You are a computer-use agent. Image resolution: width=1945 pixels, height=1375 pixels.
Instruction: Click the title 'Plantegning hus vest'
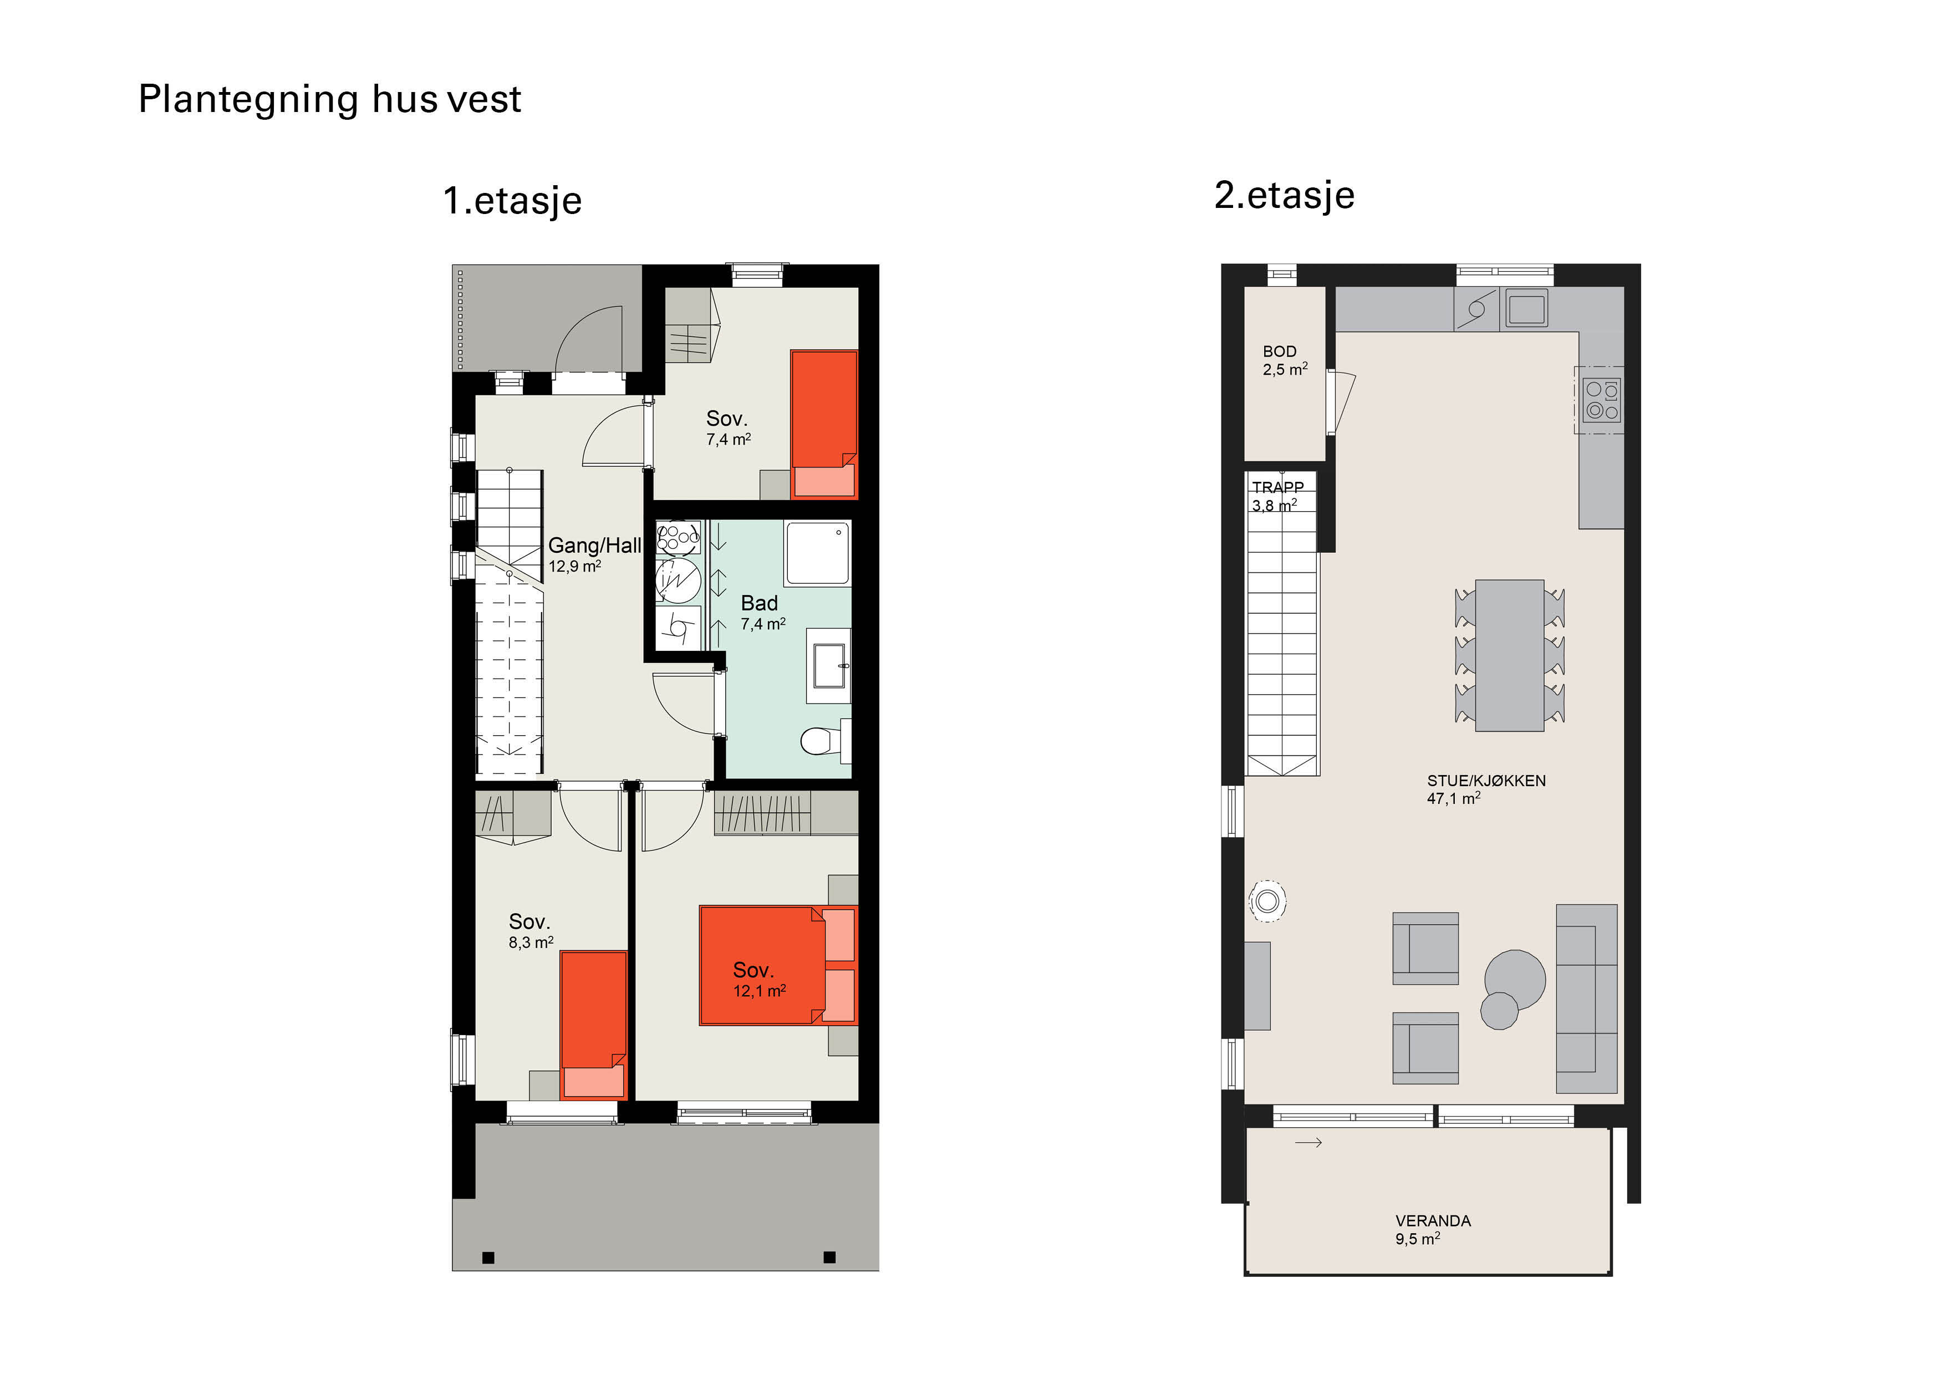click(329, 100)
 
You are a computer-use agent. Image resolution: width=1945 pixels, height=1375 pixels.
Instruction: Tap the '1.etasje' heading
click(512, 201)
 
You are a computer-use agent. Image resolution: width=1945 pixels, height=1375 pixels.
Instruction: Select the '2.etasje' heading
click(1284, 195)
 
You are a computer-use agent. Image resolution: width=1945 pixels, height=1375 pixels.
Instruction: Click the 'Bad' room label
click(759, 603)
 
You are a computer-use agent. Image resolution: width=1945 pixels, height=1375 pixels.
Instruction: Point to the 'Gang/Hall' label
click(595, 546)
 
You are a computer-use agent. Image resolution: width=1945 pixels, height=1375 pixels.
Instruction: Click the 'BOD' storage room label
click(1279, 351)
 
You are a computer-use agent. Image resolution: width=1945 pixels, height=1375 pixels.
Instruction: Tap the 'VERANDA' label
click(1433, 1221)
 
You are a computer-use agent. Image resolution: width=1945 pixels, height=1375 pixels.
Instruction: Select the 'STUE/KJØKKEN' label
click(1486, 780)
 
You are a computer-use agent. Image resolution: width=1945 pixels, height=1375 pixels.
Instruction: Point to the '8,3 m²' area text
click(531, 942)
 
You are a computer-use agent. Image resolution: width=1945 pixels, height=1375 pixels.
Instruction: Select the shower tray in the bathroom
click(817, 552)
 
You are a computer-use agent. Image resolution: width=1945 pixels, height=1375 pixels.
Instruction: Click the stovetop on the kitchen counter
click(1602, 400)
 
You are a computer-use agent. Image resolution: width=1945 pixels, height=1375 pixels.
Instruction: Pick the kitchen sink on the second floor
click(1524, 308)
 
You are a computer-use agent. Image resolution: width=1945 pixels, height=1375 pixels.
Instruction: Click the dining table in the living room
click(1510, 655)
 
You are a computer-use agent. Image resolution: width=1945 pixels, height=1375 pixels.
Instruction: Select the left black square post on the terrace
click(488, 1258)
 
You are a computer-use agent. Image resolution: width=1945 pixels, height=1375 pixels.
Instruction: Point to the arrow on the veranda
click(1309, 1143)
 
